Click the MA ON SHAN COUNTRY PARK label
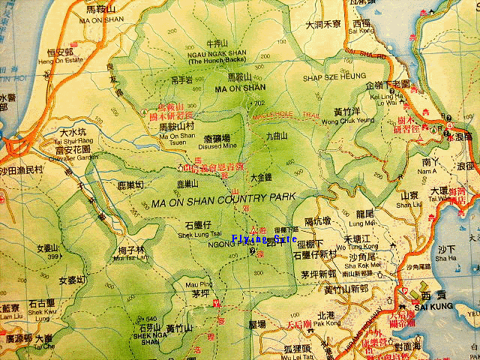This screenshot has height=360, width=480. pos(224,202)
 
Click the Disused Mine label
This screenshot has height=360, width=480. pos(199,147)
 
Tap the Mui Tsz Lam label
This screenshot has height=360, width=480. pos(124,258)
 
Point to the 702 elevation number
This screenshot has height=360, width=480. pos(259,103)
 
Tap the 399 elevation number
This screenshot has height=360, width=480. pos(52,256)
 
